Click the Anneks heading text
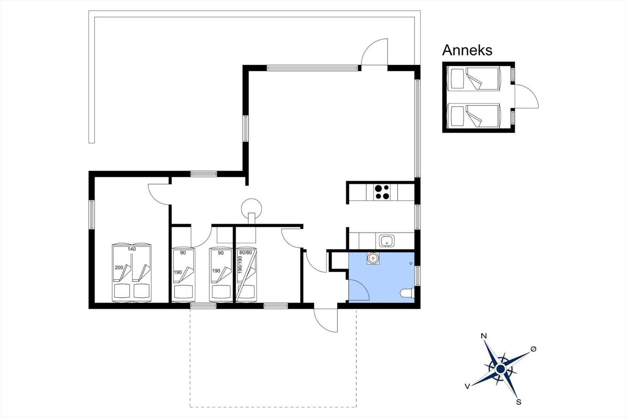pyautogui.click(x=467, y=51)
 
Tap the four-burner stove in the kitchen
pyautogui.click(x=382, y=192)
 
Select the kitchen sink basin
pyautogui.click(x=387, y=241)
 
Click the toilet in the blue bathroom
pyautogui.click(x=407, y=293)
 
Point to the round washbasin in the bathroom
pyautogui.click(x=373, y=258)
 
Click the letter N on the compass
pyautogui.click(x=484, y=336)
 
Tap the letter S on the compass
pyautogui.click(x=519, y=402)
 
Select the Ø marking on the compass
pyautogui.click(x=533, y=349)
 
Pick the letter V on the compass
pyautogui.click(x=467, y=387)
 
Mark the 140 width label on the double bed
pyautogui.click(x=132, y=249)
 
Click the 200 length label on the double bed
pyautogui.click(x=119, y=267)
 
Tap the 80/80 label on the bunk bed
pyautogui.click(x=245, y=253)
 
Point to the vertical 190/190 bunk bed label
pyautogui.click(x=240, y=265)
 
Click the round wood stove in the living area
pyautogui.click(x=251, y=209)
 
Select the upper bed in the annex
pyautogui.click(x=474, y=78)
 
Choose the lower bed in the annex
pyautogui.click(x=474, y=116)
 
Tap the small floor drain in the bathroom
pyautogui.click(x=411, y=264)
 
